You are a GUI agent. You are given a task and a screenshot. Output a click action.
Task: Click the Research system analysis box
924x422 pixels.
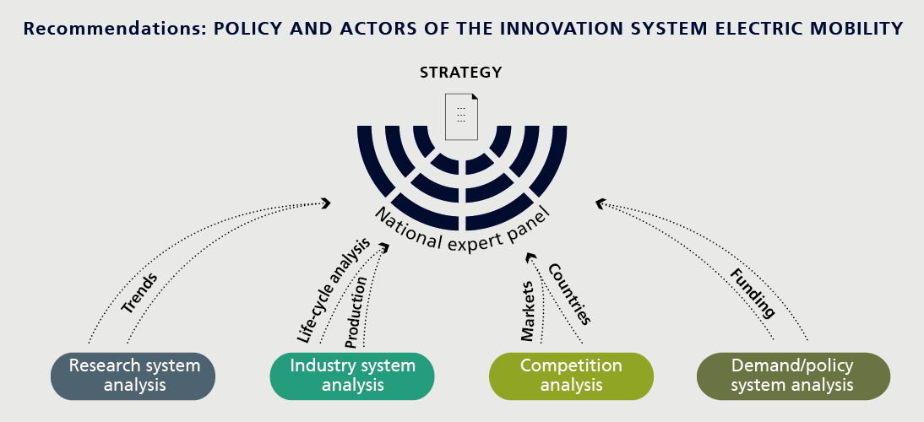[x=133, y=376]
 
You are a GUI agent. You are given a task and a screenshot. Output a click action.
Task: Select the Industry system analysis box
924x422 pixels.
[x=352, y=376]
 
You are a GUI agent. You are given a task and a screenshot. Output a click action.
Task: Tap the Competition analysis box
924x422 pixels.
[x=571, y=376]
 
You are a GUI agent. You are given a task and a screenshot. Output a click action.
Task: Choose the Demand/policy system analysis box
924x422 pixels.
[x=793, y=376]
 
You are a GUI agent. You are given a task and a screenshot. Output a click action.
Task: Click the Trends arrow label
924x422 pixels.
[x=139, y=293]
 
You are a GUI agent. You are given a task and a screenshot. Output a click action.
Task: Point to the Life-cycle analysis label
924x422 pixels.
[x=333, y=289]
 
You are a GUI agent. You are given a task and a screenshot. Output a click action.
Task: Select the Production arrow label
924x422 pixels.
[x=356, y=312]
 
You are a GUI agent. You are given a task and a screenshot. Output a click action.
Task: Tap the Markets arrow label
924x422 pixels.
[x=527, y=311]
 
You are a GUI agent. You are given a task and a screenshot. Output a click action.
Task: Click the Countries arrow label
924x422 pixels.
[x=569, y=294]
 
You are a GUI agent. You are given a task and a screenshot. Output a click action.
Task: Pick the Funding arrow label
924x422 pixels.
[x=753, y=293]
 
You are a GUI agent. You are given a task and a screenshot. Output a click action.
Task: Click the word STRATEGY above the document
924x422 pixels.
[x=461, y=73]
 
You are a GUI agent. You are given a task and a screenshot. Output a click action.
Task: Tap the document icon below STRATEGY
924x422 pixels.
[x=461, y=117]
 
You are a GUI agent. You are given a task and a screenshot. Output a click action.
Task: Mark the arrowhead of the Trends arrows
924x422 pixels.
[x=325, y=203]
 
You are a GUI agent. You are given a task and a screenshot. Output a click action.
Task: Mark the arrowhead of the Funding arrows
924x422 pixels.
[x=601, y=203]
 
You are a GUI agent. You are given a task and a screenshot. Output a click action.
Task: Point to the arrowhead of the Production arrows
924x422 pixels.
[x=385, y=246]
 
